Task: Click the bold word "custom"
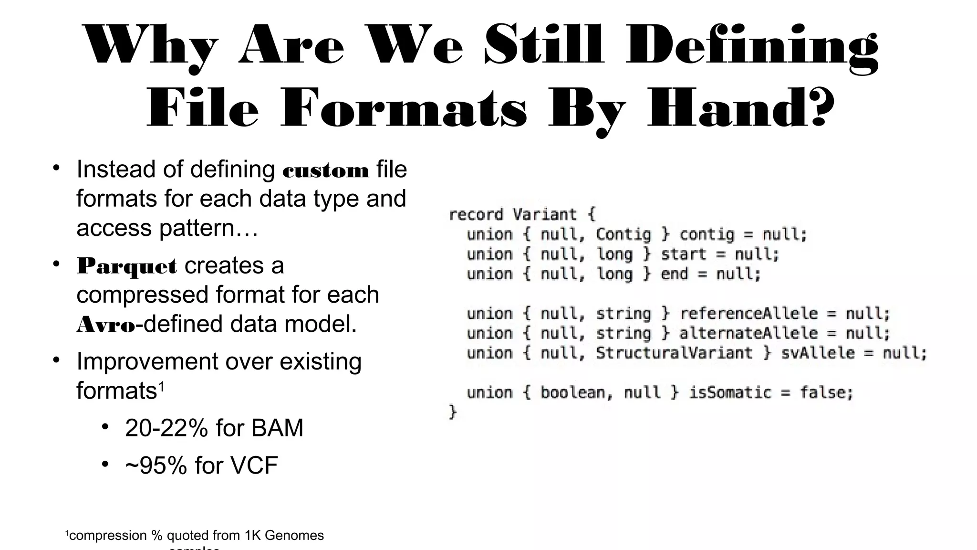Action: click(326, 171)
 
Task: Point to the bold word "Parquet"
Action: click(127, 266)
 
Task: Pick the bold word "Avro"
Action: click(106, 325)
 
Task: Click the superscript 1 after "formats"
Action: click(161, 386)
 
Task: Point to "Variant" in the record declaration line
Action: click(544, 214)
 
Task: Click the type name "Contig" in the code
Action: click(623, 234)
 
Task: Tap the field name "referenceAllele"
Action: click(748, 314)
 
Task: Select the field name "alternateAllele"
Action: click(748, 333)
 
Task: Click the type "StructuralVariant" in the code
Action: click(674, 353)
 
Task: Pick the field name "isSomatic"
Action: click(729, 393)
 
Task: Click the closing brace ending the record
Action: click(452, 412)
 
